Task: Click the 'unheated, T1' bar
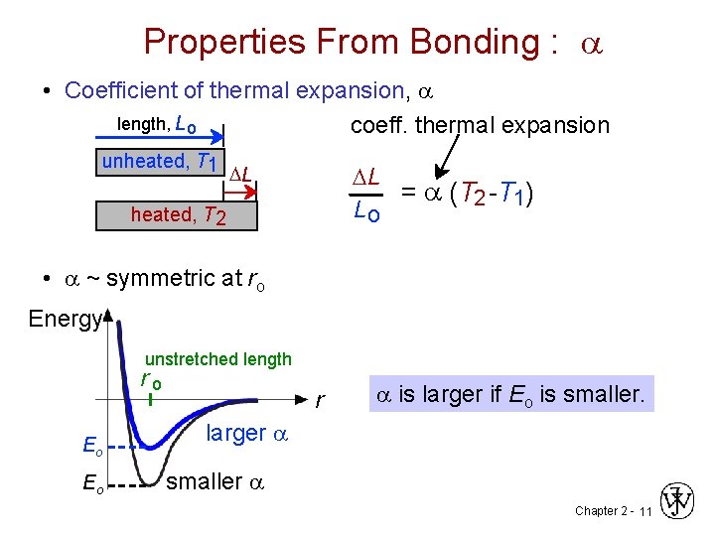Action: point(162,162)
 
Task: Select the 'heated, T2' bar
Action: point(176,215)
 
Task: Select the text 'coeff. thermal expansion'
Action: point(480,126)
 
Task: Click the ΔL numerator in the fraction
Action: point(366,177)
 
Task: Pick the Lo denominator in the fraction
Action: point(366,210)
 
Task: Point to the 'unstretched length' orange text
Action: point(218,359)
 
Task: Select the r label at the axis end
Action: point(318,402)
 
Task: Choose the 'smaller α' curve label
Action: point(216,482)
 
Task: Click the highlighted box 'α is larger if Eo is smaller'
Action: point(510,394)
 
